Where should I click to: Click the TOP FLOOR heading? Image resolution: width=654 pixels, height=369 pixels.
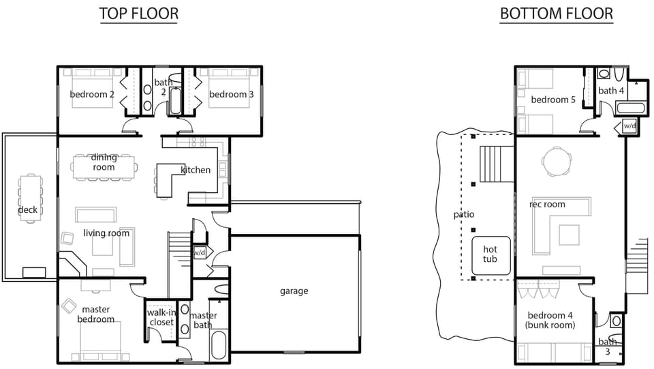tap(138, 14)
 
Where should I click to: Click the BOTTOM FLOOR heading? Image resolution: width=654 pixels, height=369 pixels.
tap(556, 14)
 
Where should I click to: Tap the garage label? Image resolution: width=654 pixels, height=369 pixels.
tap(294, 291)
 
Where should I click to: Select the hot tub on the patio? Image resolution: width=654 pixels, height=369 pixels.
tap(490, 254)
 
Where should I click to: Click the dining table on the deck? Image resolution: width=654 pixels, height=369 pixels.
tap(29, 200)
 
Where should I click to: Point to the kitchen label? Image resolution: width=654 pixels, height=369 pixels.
tap(196, 170)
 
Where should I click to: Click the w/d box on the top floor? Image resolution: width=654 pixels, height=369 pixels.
tap(200, 252)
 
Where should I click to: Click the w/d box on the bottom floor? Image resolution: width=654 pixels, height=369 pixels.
tap(629, 126)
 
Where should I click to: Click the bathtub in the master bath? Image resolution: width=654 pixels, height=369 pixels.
tap(219, 345)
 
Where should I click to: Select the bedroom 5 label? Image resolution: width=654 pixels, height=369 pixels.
tap(553, 100)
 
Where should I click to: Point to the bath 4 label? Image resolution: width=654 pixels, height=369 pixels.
tap(611, 91)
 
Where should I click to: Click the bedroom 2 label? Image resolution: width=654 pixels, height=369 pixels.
tap(92, 94)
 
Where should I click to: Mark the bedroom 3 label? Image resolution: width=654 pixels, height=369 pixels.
tap(231, 94)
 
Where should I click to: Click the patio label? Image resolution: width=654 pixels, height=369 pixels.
tap(464, 214)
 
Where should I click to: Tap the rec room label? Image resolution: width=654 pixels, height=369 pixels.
tap(547, 204)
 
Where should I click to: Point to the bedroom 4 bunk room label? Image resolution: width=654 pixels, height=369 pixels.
tap(551, 321)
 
